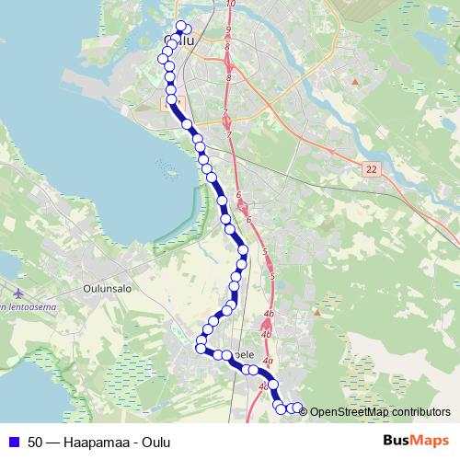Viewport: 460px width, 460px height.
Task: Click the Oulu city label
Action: [x=182, y=40]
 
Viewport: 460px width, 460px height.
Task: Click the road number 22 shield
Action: [x=372, y=169]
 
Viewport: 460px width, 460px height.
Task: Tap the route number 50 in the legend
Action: [x=36, y=442]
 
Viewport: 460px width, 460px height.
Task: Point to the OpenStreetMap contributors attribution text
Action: [x=380, y=412]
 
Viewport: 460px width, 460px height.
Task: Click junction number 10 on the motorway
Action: [x=230, y=5]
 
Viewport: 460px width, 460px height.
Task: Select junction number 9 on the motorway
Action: [x=227, y=31]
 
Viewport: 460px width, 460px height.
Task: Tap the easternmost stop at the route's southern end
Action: [x=298, y=407]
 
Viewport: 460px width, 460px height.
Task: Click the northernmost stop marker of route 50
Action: [x=180, y=26]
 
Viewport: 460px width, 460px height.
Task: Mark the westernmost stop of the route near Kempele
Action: [x=200, y=347]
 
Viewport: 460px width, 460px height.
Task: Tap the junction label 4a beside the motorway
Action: [x=268, y=361]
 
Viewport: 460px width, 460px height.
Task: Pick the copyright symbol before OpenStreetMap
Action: [x=304, y=412]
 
